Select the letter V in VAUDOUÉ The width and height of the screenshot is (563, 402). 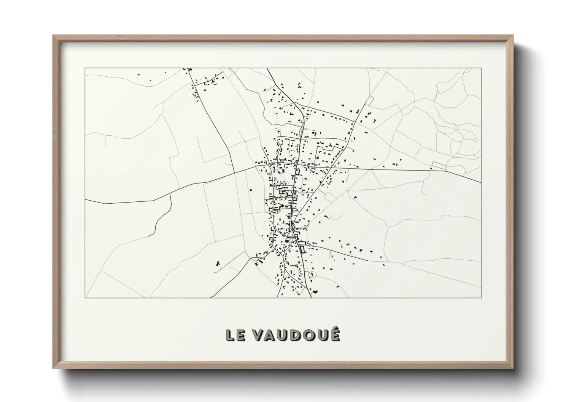[258, 335]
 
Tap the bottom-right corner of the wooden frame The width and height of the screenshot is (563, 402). [512, 368]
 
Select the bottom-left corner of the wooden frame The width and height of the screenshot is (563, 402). [54, 368]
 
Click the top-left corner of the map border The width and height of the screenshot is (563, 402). [85, 68]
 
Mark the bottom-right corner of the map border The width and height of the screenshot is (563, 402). [481, 297]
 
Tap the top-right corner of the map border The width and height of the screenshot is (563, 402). [481, 68]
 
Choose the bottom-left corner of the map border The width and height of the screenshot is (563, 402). [85, 297]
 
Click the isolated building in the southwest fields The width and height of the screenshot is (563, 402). [218, 263]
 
